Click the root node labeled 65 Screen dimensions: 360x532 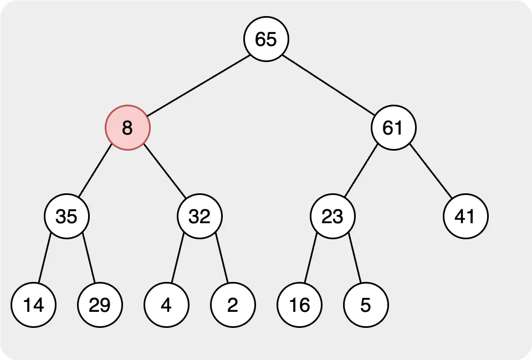[x=266, y=39]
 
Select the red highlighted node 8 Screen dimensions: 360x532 [x=127, y=127]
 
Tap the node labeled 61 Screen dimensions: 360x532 [x=393, y=127]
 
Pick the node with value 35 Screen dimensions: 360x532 [x=66, y=216]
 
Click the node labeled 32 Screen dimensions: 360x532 [x=199, y=216]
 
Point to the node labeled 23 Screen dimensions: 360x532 [x=332, y=216]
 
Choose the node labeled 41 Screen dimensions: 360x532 [x=465, y=216]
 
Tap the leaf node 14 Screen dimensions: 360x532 [x=33, y=305]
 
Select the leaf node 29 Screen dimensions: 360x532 [x=100, y=305]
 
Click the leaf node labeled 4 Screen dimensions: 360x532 [x=166, y=305]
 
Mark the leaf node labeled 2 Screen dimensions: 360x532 [x=233, y=305]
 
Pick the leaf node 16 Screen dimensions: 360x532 [x=299, y=305]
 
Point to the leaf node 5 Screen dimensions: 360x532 [x=366, y=305]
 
